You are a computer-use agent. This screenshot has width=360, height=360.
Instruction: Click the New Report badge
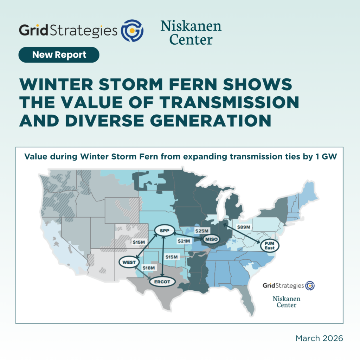59,54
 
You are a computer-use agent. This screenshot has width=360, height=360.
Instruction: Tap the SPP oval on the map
165,231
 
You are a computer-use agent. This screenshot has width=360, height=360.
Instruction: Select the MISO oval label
211,239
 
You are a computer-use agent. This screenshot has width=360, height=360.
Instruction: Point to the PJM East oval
270,246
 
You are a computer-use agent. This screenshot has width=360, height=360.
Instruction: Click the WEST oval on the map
129,262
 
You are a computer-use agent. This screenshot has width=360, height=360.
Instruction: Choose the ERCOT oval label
162,282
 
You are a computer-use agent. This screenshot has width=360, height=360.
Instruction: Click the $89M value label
244,227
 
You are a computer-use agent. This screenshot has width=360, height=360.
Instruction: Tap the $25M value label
202,231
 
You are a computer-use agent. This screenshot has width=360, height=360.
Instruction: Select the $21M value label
184,241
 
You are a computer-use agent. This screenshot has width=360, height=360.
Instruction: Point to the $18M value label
149,268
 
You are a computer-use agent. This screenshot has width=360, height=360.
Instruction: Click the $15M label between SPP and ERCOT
172,257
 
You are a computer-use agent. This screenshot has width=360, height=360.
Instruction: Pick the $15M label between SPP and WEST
139,242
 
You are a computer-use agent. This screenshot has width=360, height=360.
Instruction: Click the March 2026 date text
319,338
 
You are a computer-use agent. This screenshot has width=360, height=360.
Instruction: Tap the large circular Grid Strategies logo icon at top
132,31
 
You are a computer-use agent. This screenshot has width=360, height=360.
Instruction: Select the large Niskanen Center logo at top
191,32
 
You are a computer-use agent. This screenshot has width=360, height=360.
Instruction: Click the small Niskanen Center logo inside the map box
286,302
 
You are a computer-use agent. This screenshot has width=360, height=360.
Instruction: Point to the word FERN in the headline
193,84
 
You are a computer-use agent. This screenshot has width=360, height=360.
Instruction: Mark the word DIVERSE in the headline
104,121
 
